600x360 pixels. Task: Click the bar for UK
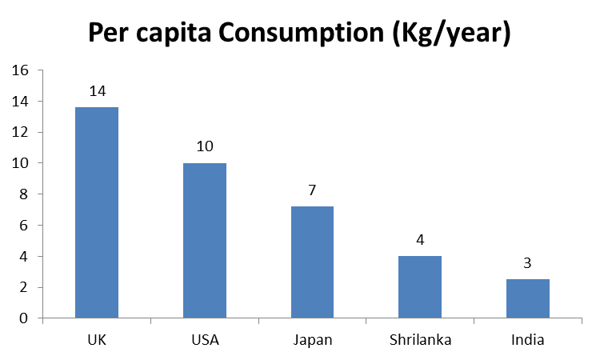(x=97, y=213)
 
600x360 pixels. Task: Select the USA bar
(x=205, y=241)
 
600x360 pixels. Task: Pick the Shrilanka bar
(x=420, y=287)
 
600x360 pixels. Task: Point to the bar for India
(x=528, y=298)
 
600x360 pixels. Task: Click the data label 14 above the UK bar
(x=97, y=91)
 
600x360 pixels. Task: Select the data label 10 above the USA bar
(x=205, y=147)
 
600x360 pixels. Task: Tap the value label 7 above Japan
(x=312, y=190)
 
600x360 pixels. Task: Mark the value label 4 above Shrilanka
(x=420, y=240)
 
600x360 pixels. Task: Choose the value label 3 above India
(x=528, y=263)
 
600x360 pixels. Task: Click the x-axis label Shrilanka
(x=420, y=340)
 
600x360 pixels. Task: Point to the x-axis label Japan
(x=312, y=341)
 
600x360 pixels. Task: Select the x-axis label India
(x=528, y=340)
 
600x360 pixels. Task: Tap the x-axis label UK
(x=97, y=340)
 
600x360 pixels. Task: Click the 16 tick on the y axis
(x=20, y=70)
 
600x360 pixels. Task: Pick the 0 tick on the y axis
(x=24, y=318)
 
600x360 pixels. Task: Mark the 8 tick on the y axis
(x=24, y=194)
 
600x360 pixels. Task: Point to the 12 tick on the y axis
(x=20, y=132)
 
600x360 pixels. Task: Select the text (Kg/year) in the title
(x=445, y=34)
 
